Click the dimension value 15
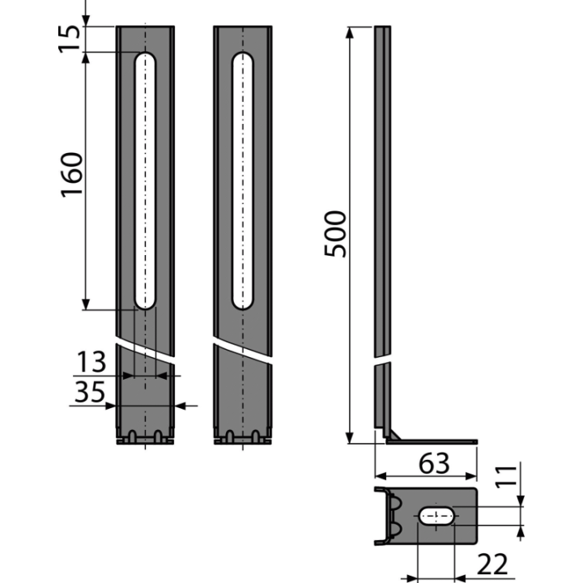(x=70, y=39)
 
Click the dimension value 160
(x=71, y=174)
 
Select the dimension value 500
(x=335, y=234)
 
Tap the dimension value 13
(x=91, y=362)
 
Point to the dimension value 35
(x=90, y=392)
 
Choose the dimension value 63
(x=434, y=464)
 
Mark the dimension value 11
(x=506, y=475)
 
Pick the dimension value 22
(x=492, y=564)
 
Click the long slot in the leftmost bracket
(x=145, y=181)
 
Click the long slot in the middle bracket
(x=242, y=181)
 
